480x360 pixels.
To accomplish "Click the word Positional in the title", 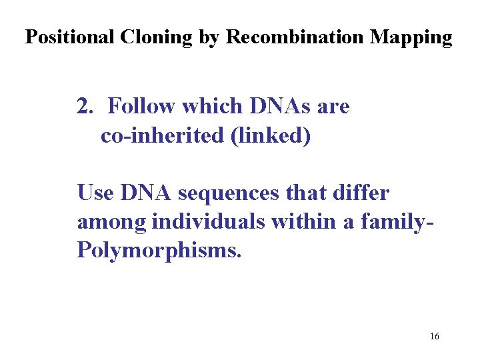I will point(71,37).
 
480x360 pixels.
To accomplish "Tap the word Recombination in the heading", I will point(296,37).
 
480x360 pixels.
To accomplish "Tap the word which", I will point(212,106).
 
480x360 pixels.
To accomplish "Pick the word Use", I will point(96,193).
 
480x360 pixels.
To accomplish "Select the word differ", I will point(363,193).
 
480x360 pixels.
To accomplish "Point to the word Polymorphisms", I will point(156,252).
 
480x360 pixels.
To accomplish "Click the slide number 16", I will point(434,336).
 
